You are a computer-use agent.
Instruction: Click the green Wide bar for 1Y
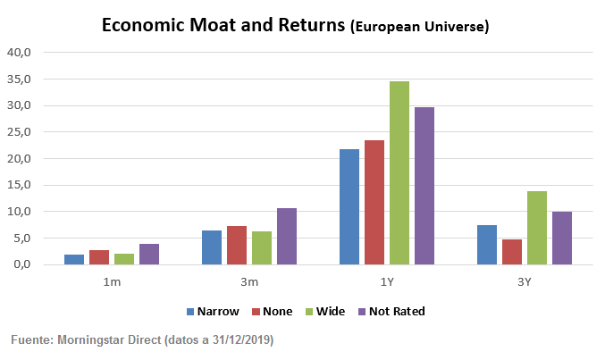click(399, 173)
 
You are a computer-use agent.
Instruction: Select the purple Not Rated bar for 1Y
click(424, 186)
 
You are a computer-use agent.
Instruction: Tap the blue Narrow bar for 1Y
click(349, 207)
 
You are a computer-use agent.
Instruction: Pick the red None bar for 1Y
click(374, 203)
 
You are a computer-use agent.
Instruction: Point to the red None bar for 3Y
click(512, 252)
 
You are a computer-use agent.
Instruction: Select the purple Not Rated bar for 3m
click(286, 237)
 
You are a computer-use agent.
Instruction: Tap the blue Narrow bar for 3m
click(212, 247)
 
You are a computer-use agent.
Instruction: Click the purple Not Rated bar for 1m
click(148, 255)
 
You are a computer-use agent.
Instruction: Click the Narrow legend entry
click(215, 311)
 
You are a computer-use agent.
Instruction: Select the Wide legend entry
click(327, 311)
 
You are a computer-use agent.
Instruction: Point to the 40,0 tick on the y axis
click(20, 53)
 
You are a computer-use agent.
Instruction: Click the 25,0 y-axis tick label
click(20, 132)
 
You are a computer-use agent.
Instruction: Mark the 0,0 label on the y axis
click(21, 265)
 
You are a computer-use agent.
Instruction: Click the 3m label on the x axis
click(249, 282)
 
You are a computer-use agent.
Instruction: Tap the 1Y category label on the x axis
click(387, 282)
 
